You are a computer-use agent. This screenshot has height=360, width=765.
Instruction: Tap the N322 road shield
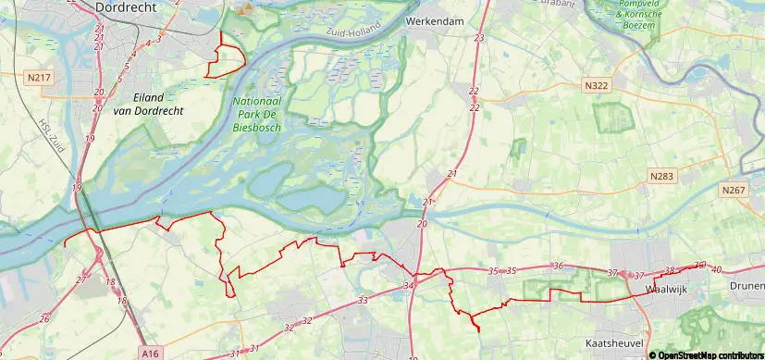pos(597,85)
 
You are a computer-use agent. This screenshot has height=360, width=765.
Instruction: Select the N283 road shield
pos(661,175)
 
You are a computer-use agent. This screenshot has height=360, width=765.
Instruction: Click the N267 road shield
pos(733,189)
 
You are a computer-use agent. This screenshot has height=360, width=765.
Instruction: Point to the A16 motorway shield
pos(152,353)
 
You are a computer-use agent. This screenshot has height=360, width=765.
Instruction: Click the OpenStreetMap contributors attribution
pos(706,354)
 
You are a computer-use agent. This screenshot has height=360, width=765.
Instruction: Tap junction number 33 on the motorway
pos(363,300)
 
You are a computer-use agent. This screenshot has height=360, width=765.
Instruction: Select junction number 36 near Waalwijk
pos(557,266)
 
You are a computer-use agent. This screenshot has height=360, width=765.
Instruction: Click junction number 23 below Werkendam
pos(479,38)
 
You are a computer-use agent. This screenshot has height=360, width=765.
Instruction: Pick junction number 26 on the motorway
pos(44,319)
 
